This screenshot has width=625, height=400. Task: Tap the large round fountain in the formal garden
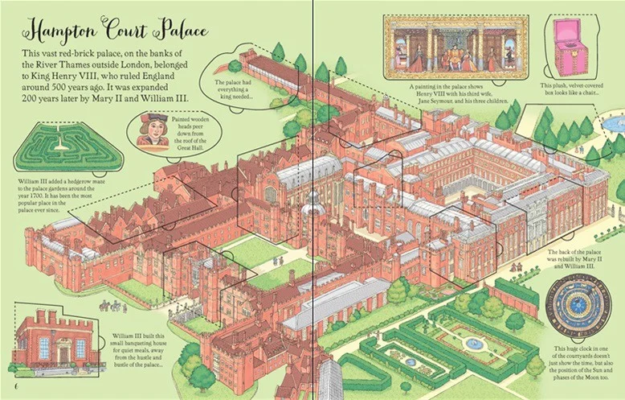[x=475, y=344]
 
